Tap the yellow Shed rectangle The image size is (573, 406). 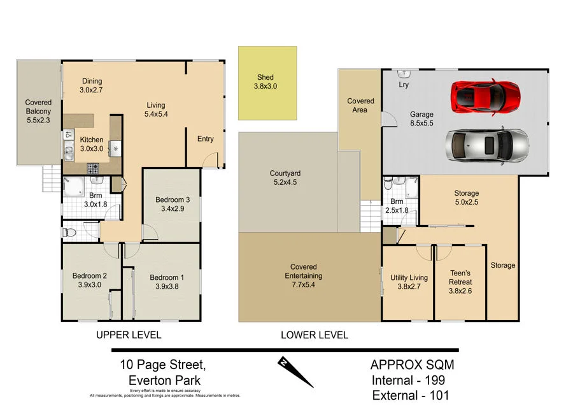click(x=267, y=83)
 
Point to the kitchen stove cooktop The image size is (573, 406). click(x=93, y=169)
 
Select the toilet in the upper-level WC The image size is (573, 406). click(x=70, y=233)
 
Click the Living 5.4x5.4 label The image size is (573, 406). click(x=155, y=110)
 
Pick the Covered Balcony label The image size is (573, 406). click(x=38, y=111)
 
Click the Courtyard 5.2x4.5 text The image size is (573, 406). click(x=285, y=177)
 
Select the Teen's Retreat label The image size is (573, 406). click(x=460, y=282)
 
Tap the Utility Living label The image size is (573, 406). click(x=409, y=282)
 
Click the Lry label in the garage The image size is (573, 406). click(x=403, y=84)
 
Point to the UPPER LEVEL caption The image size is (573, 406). click(x=129, y=335)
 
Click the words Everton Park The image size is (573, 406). click(x=165, y=380)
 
